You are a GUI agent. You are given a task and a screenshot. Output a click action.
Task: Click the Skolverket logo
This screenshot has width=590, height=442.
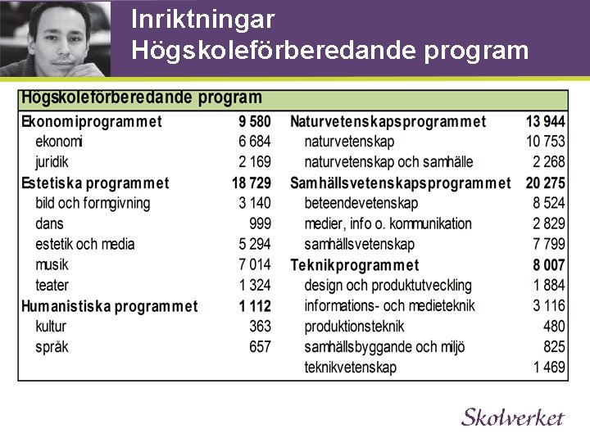512,417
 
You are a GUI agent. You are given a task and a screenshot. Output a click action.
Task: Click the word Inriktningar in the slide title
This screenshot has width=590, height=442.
202,19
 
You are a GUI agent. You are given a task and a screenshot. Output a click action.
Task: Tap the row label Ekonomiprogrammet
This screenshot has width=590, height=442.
92,121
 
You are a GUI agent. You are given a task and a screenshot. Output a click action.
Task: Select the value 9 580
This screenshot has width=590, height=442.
254,121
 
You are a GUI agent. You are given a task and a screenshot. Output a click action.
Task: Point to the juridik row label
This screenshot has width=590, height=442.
52,162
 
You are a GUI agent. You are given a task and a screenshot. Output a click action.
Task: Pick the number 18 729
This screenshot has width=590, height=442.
251,183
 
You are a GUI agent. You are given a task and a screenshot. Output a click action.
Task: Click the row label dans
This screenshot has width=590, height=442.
49,223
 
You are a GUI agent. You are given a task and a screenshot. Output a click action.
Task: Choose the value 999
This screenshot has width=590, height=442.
260,223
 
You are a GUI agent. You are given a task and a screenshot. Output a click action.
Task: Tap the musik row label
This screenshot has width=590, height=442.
52,264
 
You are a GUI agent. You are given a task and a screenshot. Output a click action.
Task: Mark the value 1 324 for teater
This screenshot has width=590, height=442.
254,285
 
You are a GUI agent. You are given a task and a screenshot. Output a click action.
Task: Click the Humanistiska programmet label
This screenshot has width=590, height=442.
109,306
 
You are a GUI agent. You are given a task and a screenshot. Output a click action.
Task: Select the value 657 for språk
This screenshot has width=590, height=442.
260,347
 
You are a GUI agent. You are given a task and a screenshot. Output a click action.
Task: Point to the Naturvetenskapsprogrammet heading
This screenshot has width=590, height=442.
388,121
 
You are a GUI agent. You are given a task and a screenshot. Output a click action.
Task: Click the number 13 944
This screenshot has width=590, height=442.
545,121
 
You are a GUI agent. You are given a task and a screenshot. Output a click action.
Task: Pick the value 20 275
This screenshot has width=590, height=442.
545,183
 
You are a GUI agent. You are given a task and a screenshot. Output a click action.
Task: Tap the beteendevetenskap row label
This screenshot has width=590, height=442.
361,203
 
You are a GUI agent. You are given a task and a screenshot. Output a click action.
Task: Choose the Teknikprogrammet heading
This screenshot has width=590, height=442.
354,265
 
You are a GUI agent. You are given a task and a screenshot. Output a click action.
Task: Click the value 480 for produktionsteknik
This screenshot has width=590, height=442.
554,327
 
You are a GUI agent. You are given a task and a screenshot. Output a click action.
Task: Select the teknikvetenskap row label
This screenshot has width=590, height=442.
350,368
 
